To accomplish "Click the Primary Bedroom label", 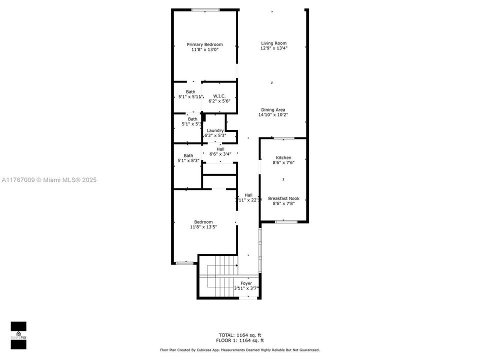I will (x=204, y=44).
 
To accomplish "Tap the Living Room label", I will (x=273, y=43).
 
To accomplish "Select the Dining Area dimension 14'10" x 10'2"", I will (x=273, y=115).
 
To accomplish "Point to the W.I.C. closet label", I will (x=219, y=96).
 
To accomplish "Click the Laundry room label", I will (x=215, y=130).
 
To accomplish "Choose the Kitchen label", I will (x=283, y=157).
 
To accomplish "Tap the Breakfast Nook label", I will (x=283, y=198).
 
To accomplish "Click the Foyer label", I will (x=246, y=283).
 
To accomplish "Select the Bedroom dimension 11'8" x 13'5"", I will (x=203, y=227).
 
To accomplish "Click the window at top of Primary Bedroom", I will (x=205, y=9).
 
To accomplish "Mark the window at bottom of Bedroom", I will (x=184, y=263).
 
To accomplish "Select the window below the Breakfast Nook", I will (x=286, y=221).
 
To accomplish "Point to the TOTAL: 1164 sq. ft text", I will (x=239, y=334).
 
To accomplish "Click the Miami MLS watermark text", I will (x=49, y=180).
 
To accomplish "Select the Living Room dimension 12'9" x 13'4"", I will (x=273, y=48).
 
